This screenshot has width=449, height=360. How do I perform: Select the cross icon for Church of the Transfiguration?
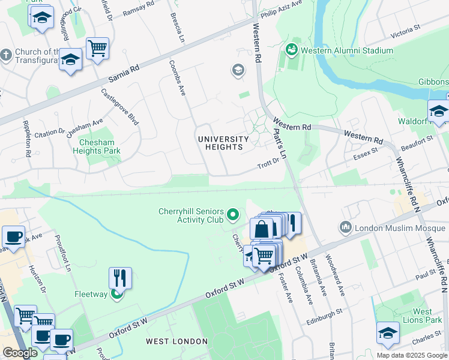tap(6, 56)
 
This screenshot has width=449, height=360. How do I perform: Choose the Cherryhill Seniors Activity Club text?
tap(191, 215)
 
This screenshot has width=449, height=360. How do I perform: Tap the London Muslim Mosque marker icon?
tap(345, 227)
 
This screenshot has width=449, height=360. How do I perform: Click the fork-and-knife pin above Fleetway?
tap(120, 278)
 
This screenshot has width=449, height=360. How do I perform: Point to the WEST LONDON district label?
tap(176, 341)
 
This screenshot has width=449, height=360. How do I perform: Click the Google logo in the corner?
tap(20, 353)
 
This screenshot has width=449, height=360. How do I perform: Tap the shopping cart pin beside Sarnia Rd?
tap(97, 48)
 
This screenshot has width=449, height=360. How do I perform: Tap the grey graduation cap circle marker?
tap(238, 71)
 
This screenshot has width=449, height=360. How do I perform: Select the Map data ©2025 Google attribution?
tap(412, 355)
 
